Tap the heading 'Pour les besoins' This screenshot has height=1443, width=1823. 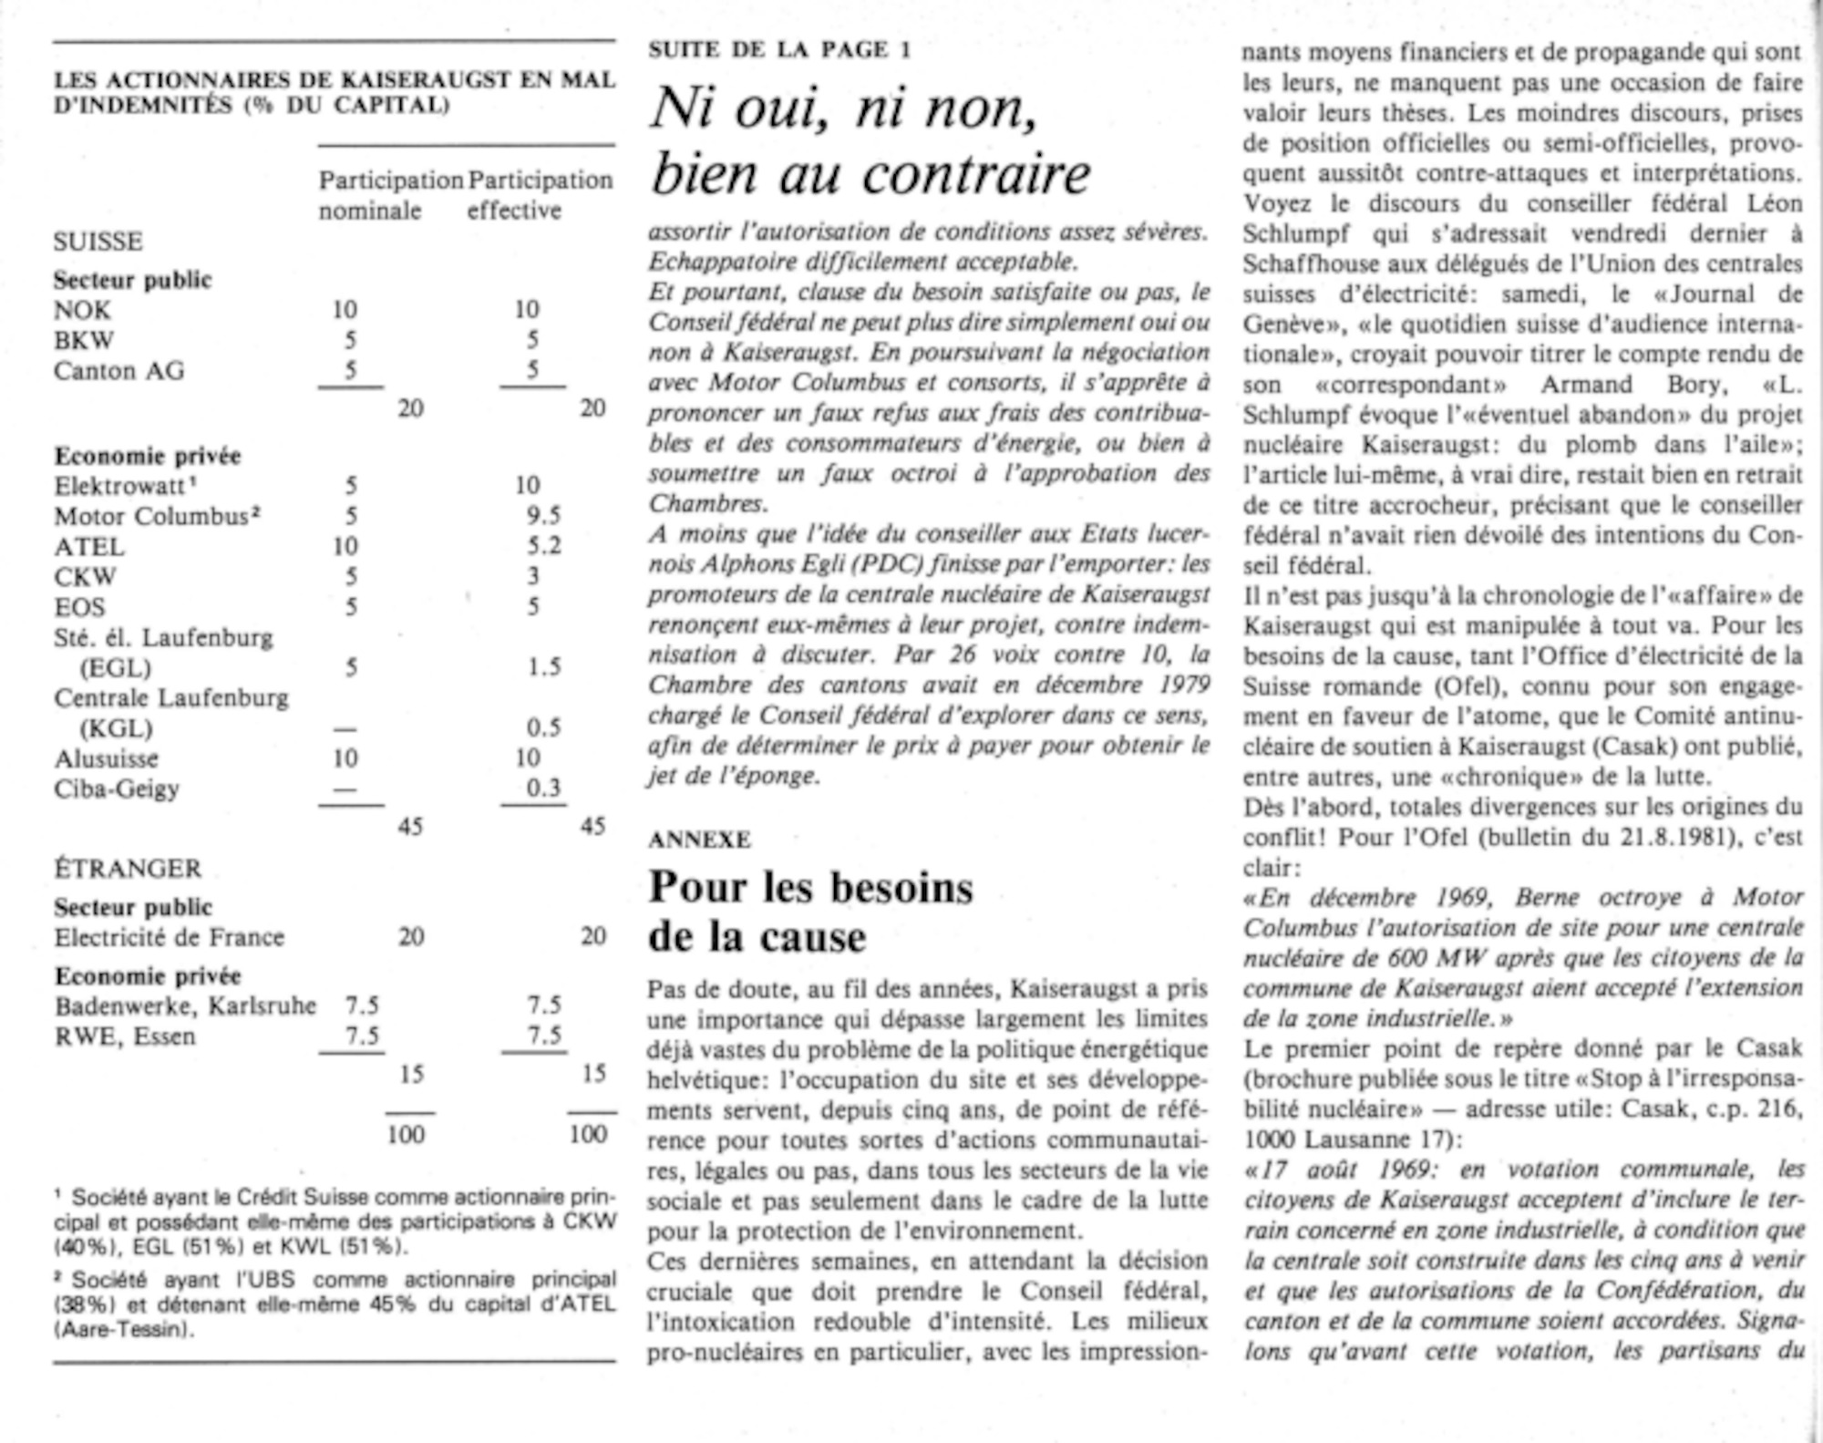[810, 887]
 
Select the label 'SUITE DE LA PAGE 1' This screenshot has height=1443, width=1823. [779, 49]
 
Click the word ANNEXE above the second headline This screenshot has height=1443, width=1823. [699, 840]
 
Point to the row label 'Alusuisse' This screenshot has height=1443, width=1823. [106, 758]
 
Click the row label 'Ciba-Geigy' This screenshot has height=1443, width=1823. [117, 788]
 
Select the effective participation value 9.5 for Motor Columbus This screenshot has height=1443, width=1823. [542, 516]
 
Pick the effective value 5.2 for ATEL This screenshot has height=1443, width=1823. [543, 546]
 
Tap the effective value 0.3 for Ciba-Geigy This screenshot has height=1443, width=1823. [543, 788]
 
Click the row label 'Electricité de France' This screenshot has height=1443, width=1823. [170, 937]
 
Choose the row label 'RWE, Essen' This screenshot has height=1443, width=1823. [125, 1036]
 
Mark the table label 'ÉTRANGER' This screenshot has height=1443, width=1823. [128, 868]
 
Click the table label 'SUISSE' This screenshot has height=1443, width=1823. [98, 242]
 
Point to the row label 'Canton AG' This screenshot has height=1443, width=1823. [118, 371]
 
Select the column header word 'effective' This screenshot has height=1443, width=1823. [514, 211]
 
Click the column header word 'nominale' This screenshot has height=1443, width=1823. [370, 211]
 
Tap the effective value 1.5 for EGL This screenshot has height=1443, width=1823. [543, 667]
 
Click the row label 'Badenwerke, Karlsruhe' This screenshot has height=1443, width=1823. [185, 1005]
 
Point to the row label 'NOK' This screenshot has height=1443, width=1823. [82, 310]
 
